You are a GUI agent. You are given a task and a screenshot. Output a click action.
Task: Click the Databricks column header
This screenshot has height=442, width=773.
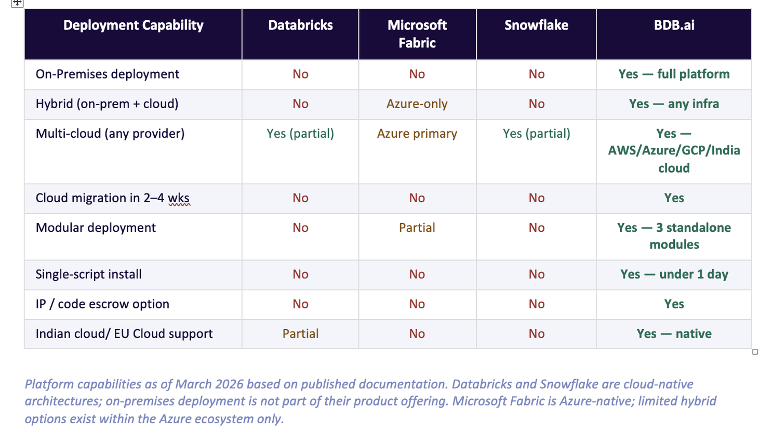(300, 25)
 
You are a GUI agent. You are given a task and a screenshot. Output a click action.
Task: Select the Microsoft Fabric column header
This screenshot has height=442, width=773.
(417, 34)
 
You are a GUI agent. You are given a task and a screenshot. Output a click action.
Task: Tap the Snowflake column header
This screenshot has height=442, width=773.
(536, 25)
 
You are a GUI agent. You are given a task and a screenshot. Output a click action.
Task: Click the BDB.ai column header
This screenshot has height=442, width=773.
(674, 25)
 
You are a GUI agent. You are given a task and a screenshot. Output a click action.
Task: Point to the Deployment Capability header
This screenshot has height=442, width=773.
(133, 25)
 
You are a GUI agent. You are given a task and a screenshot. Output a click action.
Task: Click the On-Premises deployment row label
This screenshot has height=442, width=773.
(107, 74)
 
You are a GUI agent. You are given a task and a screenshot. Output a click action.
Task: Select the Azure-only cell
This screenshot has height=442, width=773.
(417, 104)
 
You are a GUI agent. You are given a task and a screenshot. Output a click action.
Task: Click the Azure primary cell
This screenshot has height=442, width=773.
(417, 134)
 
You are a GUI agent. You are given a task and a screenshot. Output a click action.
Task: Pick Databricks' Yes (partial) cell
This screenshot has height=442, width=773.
(300, 134)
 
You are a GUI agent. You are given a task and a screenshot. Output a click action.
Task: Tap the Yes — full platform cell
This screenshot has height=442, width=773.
(674, 74)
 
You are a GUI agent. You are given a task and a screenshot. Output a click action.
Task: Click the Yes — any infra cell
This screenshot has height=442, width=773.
(674, 104)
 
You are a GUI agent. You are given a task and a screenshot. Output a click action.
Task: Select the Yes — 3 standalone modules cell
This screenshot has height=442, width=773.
(674, 236)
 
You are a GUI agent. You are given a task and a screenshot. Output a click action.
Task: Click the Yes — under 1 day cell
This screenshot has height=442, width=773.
(674, 275)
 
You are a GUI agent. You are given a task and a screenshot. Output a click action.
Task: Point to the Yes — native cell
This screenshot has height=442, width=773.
(674, 334)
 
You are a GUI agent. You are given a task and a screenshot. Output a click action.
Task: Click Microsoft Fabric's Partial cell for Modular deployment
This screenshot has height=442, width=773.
(417, 228)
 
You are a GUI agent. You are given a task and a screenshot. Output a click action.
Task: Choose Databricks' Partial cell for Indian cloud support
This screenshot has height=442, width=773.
(300, 334)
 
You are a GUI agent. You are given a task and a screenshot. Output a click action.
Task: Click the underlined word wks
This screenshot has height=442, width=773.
(179, 198)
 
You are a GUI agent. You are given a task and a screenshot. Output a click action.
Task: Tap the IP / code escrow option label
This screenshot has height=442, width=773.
(102, 304)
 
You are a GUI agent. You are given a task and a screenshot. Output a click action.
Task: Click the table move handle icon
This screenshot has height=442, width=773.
(17, 3)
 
